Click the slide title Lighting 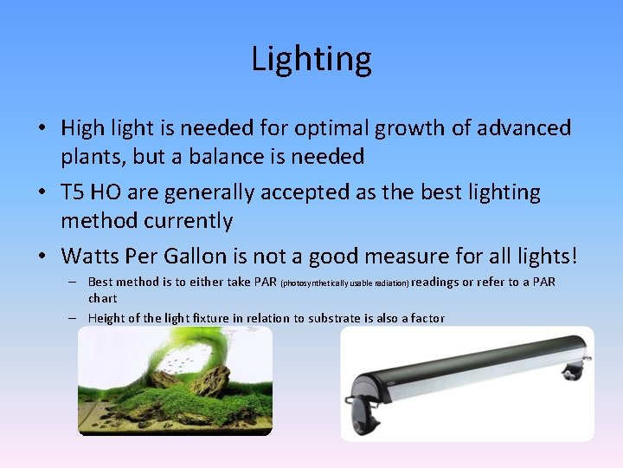pos(311,59)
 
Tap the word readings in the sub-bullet pos(435,283)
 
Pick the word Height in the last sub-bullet pos(106,318)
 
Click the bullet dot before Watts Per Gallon pos(42,257)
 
